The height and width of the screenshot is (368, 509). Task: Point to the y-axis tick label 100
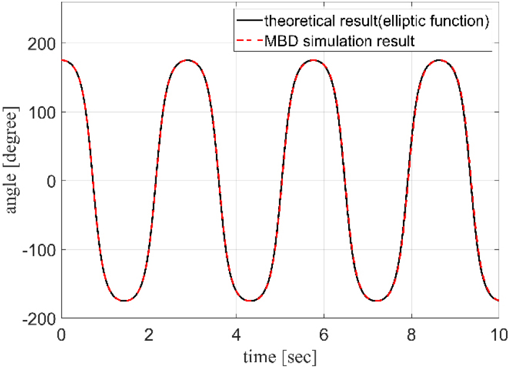[41, 112]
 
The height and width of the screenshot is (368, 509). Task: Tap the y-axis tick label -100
[39, 250]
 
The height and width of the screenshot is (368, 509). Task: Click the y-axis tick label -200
[39, 319]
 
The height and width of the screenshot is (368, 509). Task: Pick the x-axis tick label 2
[149, 335]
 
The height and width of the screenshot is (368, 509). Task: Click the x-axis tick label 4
[236, 335]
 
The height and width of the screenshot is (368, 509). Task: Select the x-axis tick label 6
[324, 335]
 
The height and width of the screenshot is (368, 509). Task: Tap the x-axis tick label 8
[411, 335]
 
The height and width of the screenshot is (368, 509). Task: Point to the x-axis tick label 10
[499, 335]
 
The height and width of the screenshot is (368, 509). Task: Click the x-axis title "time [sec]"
[280, 357]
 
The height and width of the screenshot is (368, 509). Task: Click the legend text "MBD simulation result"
[339, 41]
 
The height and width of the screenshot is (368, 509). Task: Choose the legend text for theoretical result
[377, 21]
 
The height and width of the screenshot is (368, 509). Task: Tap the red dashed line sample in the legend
[249, 41]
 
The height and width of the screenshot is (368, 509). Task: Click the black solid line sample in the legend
[249, 21]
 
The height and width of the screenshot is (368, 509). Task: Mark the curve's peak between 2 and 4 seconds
[187, 60]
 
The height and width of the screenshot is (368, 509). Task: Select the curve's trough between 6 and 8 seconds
[377, 300]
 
